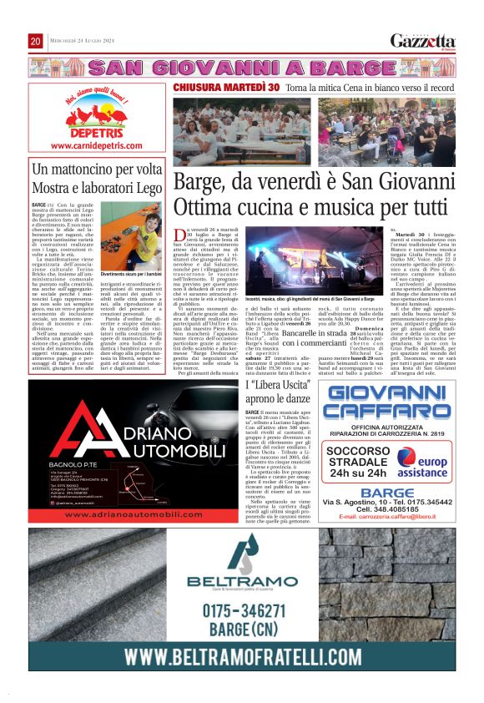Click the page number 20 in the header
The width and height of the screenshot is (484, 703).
36,41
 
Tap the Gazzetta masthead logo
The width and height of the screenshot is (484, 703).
423,40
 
